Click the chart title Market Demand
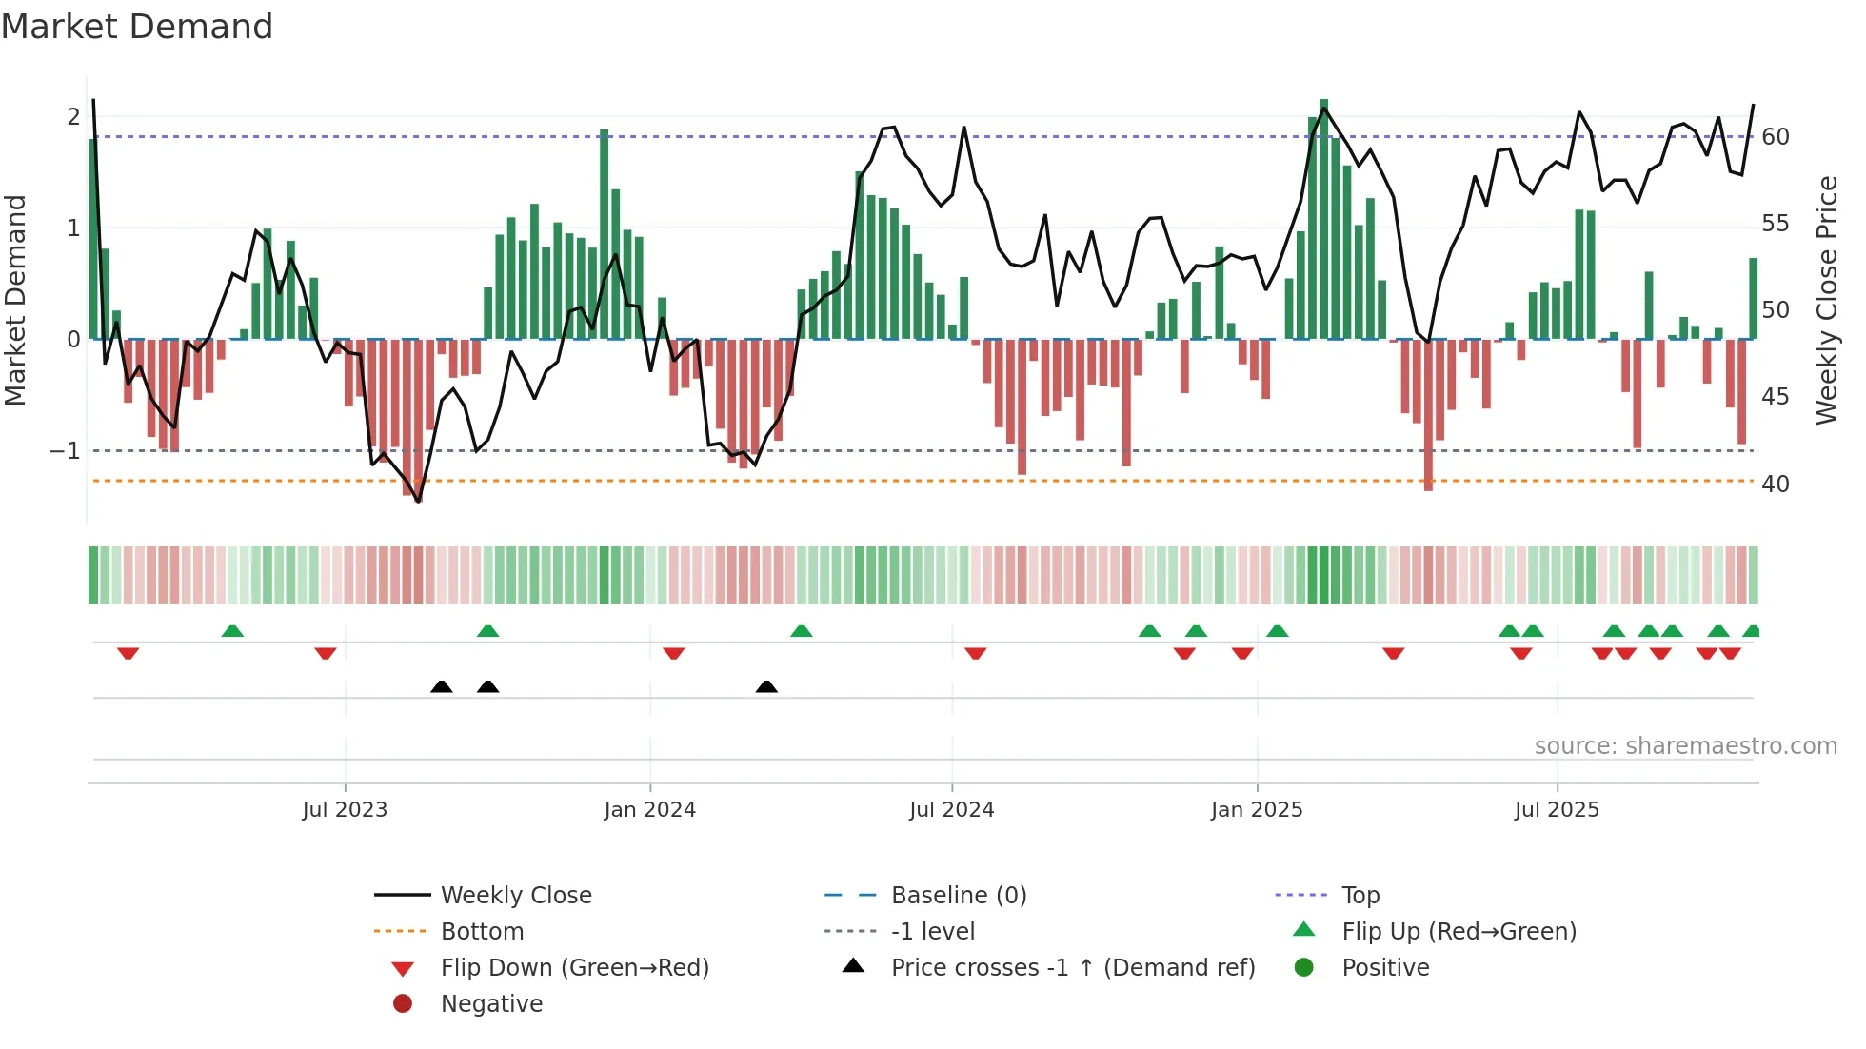click(137, 26)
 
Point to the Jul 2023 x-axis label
click(345, 810)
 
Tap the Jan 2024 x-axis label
click(650, 810)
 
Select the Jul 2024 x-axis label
click(952, 810)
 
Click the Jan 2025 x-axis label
click(1257, 810)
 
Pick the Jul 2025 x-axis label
click(1558, 810)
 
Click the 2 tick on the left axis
click(73, 117)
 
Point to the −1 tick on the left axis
click(66, 450)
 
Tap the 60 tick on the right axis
click(1776, 137)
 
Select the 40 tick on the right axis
click(1776, 485)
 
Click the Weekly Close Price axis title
click(1826, 300)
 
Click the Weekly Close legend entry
click(516, 896)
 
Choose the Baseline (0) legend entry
click(959, 896)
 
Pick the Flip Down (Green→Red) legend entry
click(574, 968)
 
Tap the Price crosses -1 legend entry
click(1073, 968)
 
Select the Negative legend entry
click(491, 1004)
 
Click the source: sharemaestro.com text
click(1685, 746)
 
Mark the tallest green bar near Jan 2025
click(1323, 219)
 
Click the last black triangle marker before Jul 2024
click(766, 686)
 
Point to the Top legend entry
click(1360, 896)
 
